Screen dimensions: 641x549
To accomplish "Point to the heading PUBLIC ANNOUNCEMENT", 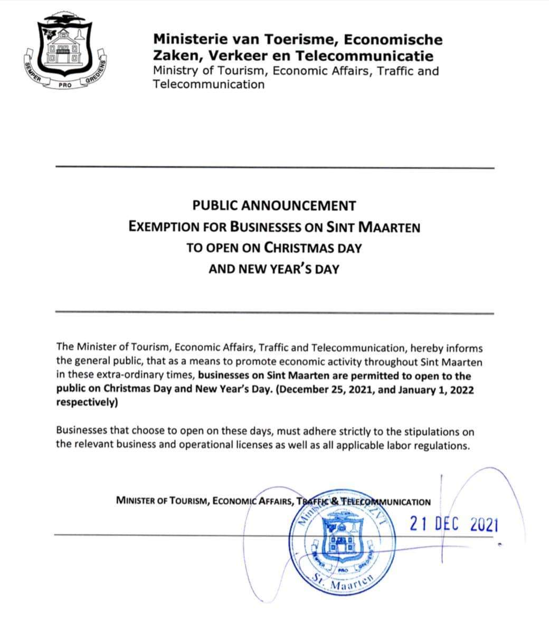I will coord(274,205).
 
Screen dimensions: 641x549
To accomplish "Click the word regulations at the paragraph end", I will coord(442,445).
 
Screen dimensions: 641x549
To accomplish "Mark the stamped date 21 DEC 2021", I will coord(453,524).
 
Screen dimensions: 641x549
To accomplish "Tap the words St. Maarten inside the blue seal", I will coord(342,582).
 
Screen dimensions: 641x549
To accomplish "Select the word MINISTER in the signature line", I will coord(138,502).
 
